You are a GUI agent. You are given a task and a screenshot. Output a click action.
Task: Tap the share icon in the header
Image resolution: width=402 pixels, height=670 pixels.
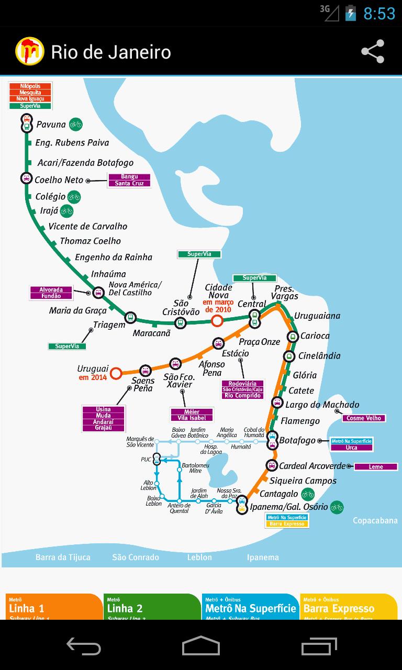click(x=373, y=51)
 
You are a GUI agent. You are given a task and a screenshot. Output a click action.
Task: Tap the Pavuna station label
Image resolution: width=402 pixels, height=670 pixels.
click(x=51, y=125)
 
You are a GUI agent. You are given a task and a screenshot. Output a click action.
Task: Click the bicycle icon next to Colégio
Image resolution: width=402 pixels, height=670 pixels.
click(x=74, y=197)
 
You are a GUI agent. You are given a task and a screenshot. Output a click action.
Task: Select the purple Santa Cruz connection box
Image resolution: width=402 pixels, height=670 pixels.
click(x=129, y=184)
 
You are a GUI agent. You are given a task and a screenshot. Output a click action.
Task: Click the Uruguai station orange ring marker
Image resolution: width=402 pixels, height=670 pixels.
click(x=116, y=373)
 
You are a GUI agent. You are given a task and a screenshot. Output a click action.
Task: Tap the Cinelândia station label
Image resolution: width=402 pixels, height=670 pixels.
click(x=319, y=356)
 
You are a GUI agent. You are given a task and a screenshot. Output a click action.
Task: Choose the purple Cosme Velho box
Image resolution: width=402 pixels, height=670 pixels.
click(x=364, y=418)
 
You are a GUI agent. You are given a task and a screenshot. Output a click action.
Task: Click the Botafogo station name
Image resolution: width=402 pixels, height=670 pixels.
click(x=297, y=440)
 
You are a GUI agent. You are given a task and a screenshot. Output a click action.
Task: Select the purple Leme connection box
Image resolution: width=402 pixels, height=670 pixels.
click(x=376, y=467)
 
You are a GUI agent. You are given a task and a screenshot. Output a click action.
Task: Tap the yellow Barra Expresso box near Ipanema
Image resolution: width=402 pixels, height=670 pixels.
click(x=287, y=524)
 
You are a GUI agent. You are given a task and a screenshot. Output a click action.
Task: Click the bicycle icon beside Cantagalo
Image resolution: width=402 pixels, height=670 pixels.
click(x=308, y=494)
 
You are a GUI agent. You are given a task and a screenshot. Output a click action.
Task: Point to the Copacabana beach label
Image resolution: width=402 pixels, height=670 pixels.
click(x=375, y=521)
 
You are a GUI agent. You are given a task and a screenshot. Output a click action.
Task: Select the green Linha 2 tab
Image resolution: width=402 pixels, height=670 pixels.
click(x=152, y=607)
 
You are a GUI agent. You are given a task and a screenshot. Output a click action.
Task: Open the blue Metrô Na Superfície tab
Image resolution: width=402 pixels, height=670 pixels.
click(x=250, y=607)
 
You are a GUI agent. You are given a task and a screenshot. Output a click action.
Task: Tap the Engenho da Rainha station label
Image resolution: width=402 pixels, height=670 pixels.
click(x=114, y=257)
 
